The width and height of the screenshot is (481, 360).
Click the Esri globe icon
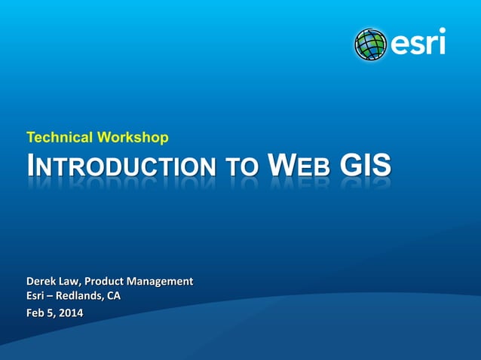coord(371,44)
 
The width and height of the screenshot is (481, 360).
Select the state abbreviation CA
coord(112,296)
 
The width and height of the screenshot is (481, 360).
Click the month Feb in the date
coord(36,313)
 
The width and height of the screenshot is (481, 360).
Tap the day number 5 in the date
coord(51,313)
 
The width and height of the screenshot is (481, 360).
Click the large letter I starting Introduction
coord(31,165)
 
